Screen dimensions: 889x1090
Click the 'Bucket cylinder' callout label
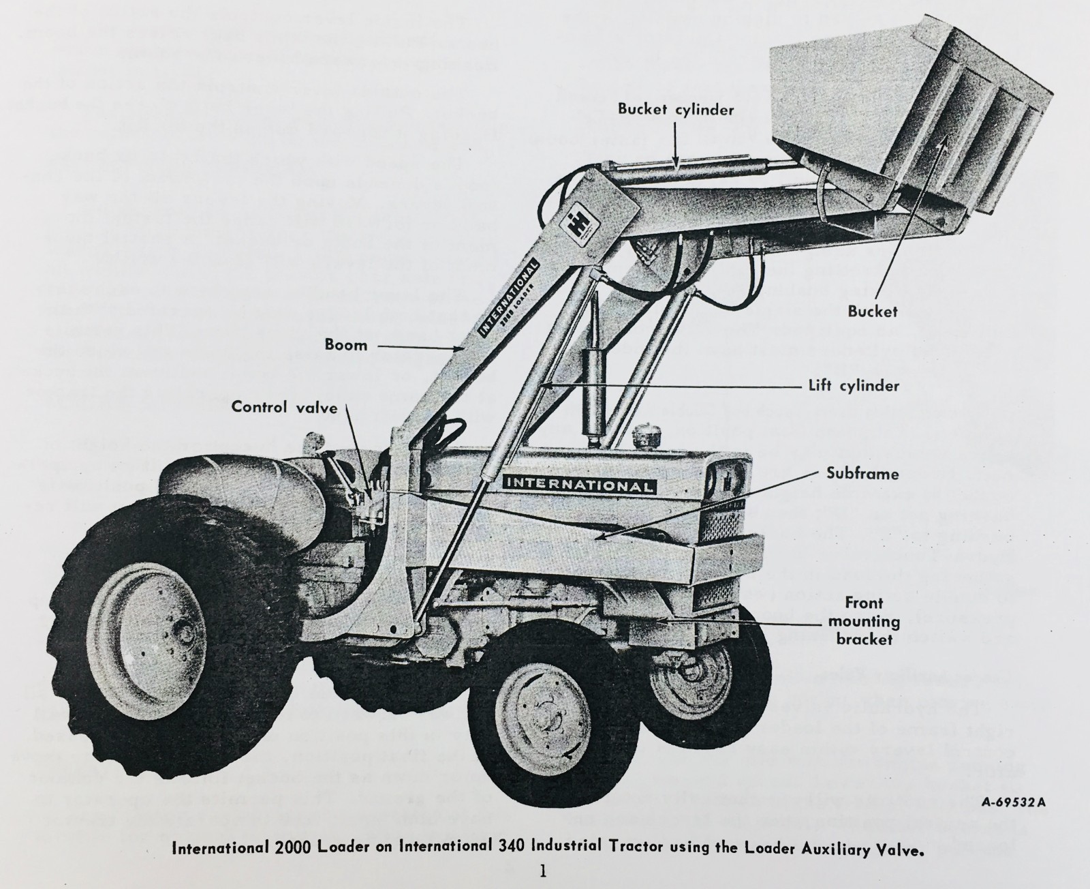(676, 109)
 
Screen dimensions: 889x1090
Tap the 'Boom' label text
(346, 345)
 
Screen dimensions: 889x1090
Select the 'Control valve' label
(284, 407)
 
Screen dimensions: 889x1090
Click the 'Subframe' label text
(862, 473)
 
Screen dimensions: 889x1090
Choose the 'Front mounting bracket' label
(863, 621)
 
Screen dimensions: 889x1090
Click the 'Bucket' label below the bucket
(873, 312)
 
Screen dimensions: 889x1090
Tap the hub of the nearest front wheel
(545, 717)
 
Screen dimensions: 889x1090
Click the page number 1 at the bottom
(543, 872)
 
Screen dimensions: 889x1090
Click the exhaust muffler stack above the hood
(591, 395)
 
